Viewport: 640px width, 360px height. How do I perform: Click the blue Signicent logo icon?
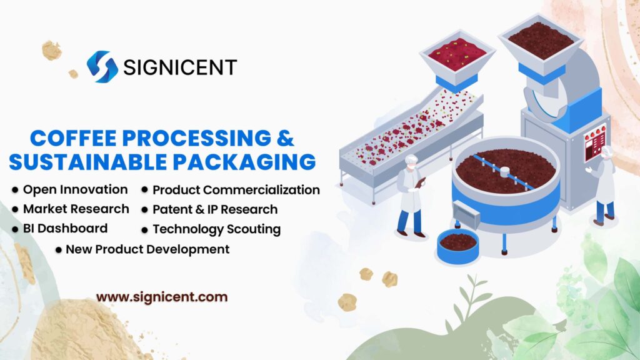(x=102, y=66)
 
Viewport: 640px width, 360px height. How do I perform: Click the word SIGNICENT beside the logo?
(x=180, y=67)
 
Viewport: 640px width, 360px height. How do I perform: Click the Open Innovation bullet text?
(x=75, y=189)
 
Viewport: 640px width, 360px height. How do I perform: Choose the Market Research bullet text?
(x=76, y=209)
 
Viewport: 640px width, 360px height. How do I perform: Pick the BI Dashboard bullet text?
(x=65, y=228)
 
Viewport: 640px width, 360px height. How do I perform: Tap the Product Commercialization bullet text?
(x=236, y=190)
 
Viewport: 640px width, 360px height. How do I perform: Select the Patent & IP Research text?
(x=214, y=209)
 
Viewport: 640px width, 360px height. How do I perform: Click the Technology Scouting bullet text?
(x=216, y=229)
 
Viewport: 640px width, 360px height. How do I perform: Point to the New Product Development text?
(x=147, y=249)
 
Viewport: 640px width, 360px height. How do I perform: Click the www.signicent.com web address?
(x=161, y=297)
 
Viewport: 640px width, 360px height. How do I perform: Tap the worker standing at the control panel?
(x=604, y=184)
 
